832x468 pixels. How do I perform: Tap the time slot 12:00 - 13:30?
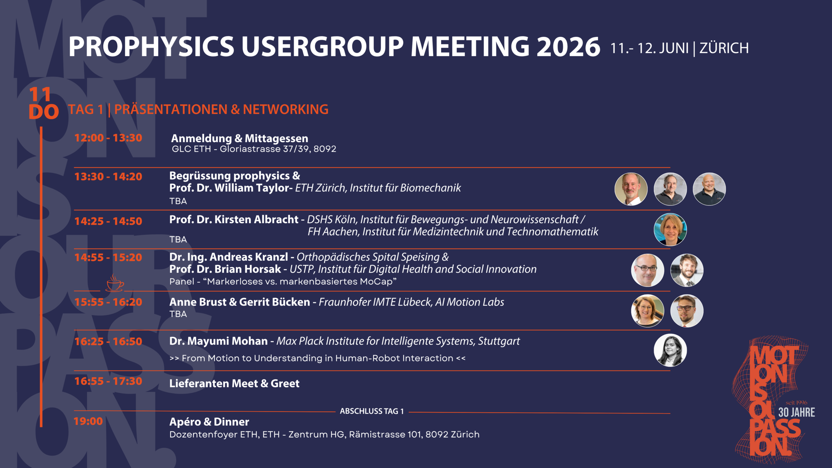108,138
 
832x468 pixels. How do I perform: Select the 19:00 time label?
88,421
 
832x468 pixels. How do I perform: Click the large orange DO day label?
44,112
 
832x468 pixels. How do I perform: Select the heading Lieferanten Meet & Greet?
234,383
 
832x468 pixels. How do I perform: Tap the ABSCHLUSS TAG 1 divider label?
372,411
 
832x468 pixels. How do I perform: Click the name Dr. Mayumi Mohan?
218,341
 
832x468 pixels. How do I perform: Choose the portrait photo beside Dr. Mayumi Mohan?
670,350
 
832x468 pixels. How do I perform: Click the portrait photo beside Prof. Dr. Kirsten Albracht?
670,229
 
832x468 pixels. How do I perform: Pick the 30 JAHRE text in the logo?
797,412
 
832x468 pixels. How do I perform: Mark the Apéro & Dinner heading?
209,422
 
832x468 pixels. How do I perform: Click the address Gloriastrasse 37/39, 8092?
278,149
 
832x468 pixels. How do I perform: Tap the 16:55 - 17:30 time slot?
108,381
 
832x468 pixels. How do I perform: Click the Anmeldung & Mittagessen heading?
240,138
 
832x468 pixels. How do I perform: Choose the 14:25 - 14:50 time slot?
108,221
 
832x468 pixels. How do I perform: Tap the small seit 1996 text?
796,403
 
